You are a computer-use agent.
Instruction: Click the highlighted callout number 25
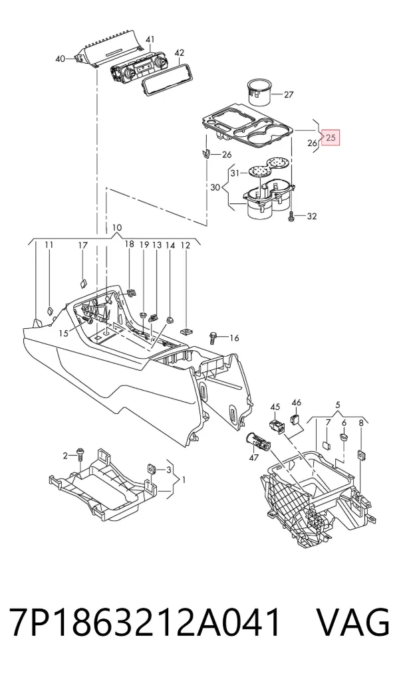click(331, 138)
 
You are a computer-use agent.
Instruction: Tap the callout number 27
click(288, 94)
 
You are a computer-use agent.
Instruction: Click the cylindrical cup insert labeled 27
click(259, 91)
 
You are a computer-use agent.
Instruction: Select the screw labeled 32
click(292, 216)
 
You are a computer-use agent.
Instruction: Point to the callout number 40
click(61, 58)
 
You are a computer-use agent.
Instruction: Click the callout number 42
click(180, 52)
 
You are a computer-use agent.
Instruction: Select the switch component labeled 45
click(277, 426)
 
